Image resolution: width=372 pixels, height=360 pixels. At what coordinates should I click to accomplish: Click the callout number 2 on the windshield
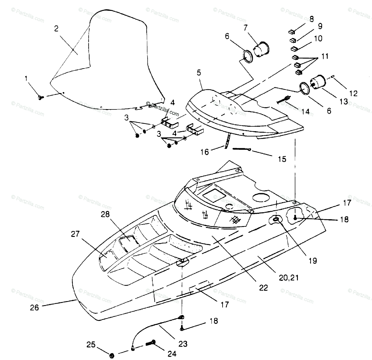coord(56,29)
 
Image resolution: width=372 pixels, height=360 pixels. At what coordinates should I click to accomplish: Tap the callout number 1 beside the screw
coord(26,79)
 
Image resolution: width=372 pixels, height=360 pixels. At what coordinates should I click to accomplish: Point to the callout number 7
coord(246,28)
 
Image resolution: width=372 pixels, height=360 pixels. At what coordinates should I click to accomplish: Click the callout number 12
coord(353,93)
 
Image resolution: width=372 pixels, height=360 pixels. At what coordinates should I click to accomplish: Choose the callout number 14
coord(306,111)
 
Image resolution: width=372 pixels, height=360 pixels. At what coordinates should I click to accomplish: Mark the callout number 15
coord(282,159)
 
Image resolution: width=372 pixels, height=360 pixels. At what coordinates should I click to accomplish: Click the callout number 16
coord(205,152)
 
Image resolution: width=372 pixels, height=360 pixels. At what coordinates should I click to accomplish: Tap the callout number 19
coord(313,261)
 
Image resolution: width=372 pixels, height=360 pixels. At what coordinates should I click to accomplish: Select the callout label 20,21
coord(289,277)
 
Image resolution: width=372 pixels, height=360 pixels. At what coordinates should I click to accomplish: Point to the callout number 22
coord(263,287)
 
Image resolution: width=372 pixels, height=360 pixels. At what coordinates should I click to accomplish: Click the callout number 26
coord(34,308)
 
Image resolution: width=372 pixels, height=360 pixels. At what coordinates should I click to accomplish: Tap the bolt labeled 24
coord(151,343)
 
